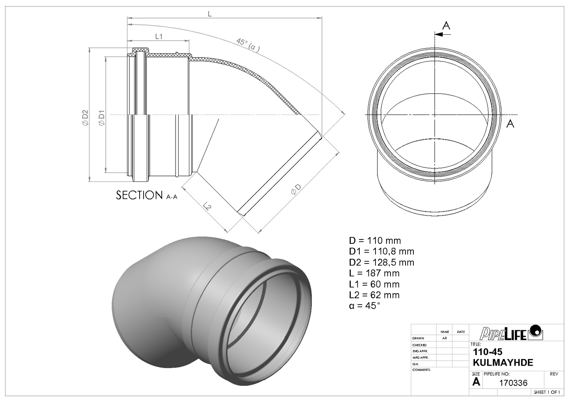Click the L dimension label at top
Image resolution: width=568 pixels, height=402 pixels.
click(x=210, y=14)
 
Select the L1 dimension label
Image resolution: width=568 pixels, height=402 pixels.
click(x=159, y=37)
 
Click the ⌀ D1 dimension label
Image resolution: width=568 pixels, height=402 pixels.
click(x=102, y=118)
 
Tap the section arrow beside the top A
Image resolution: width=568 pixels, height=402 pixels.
click(x=442, y=35)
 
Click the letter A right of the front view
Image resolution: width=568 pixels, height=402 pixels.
click(x=510, y=123)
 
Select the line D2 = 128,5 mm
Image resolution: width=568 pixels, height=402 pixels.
click(x=381, y=262)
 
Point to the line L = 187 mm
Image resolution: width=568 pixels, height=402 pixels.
click(x=374, y=273)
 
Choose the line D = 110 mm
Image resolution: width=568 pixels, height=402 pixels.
click(x=375, y=241)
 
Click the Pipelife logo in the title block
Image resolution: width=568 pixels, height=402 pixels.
click(x=511, y=333)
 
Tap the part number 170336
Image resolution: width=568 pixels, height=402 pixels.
click(x=513, y=383)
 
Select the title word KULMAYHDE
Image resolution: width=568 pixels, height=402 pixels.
click(x=503, y=363)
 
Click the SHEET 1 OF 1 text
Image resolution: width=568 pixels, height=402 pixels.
click(x=546, y=392)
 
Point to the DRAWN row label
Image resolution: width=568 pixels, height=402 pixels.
click(x=418, y=338)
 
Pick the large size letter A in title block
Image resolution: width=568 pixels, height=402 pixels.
click(x=476, y=381)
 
